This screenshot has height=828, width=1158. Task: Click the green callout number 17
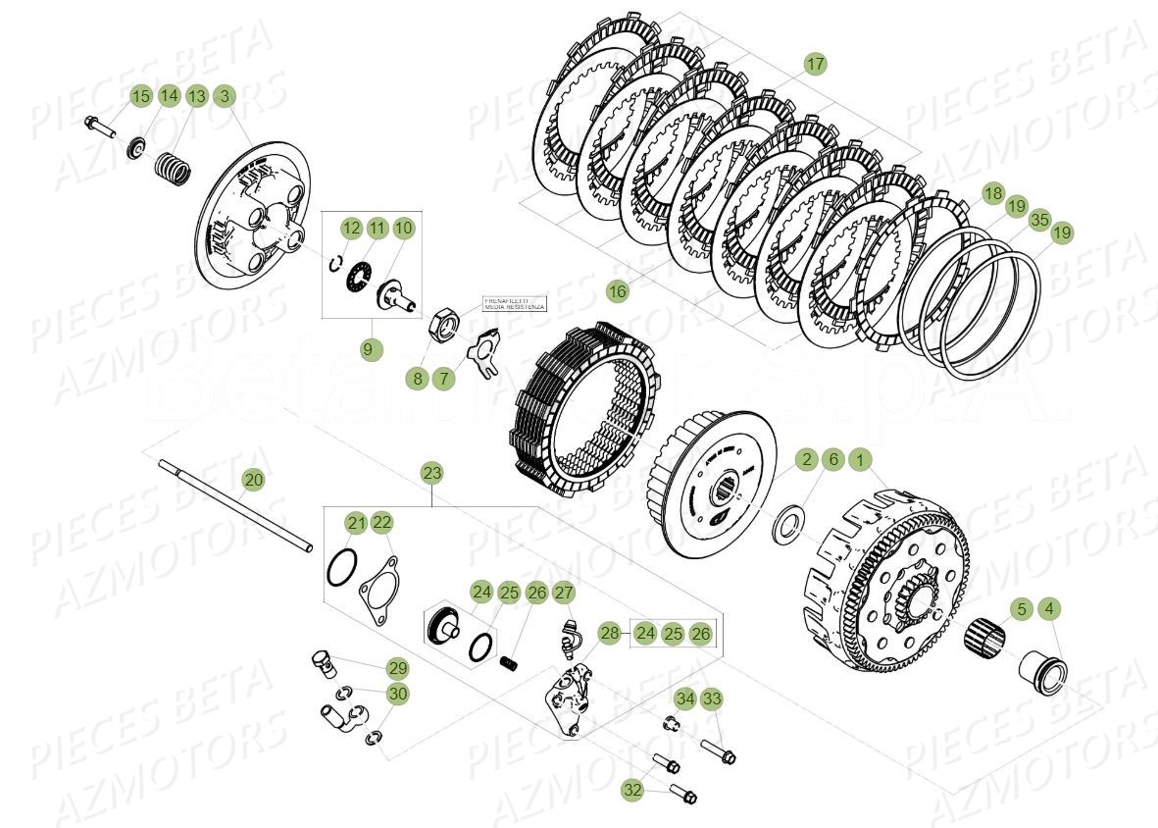pos(815,64)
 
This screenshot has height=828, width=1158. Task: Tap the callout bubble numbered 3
pos(225,95)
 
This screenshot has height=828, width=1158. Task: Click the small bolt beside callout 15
pos(101,127)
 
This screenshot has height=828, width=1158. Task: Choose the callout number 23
pos(432,472)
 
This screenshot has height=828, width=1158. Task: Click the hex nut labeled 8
pos(444,322)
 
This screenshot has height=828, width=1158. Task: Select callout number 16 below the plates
pos(616,291)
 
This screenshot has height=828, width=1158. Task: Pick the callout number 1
pos(859,459)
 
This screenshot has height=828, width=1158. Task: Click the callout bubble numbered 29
pos(396,668)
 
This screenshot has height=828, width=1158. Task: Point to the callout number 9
pos(371,348)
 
